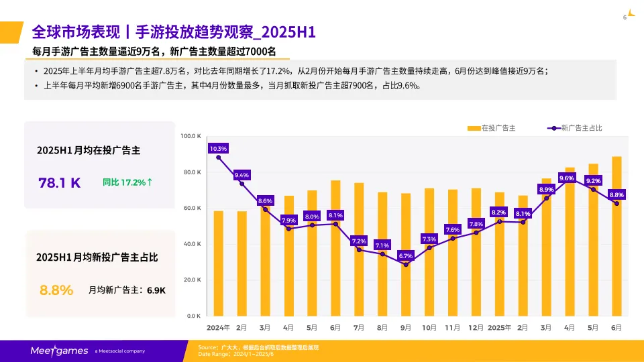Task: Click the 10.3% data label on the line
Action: (x=219, y=148)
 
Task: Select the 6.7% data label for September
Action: (x=405, y=255)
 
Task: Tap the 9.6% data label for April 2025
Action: (x=567, y=178)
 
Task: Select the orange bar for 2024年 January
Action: (x=219, y=263)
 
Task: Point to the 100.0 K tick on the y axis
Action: (x=191, y=136)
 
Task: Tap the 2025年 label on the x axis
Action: (x=499, y=328)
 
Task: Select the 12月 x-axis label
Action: (x=476, y=328)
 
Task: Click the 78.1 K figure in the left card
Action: (x=60, y=182)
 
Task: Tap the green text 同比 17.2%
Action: (x=127, y=182)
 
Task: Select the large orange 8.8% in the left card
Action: (x=56, y=290)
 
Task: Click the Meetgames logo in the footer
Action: (x=58, y=351)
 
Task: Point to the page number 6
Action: (x=625, y=17)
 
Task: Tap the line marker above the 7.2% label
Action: (x=359, y=250)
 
